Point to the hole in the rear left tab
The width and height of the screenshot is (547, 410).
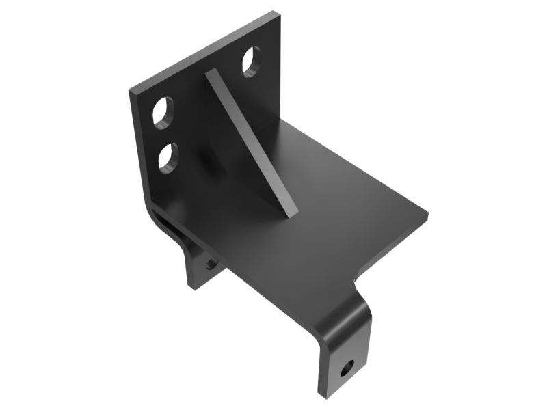point(210,262)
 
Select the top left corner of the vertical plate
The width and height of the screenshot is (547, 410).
point(130,90)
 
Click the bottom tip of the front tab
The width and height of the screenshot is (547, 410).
point(321,395)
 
